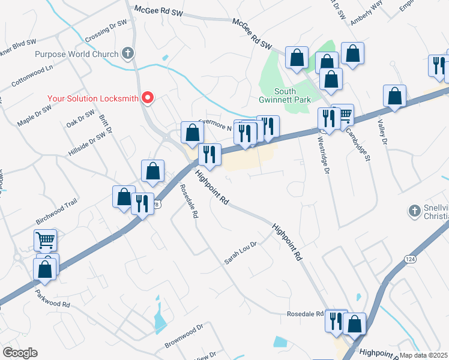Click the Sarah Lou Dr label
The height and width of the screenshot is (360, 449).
240,253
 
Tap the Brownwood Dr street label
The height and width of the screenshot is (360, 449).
184,337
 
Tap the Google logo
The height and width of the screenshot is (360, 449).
20,353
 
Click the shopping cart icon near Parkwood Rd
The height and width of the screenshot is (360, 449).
46,240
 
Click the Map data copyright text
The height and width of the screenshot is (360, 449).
423,355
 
